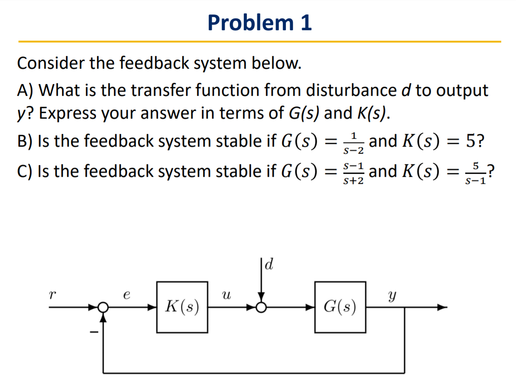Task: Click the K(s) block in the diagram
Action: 182,306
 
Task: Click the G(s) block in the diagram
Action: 340,306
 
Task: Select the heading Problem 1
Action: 260,22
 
